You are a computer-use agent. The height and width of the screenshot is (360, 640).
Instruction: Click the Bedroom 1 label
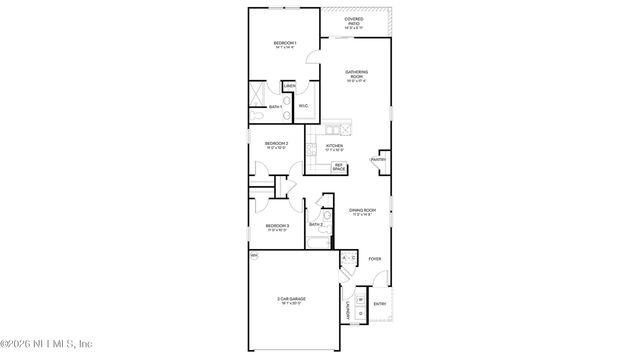click(285, 42)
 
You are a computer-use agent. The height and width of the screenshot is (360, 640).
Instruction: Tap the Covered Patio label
click(354, 21)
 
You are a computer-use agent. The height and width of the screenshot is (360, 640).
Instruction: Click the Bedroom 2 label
click(277, 145)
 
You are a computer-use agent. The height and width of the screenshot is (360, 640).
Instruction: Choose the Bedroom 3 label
click(277, 227)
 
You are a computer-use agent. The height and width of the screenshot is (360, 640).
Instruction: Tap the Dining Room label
click(361, 211)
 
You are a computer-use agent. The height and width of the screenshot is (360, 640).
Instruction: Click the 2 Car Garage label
click(291, 299)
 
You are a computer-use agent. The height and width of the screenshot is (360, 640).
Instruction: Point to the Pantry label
click(379, 159)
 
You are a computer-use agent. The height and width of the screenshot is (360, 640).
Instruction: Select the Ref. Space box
click(339, 167)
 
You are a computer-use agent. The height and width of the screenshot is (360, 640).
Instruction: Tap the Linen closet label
click(289, 86)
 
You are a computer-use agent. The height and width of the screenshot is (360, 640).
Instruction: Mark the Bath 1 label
click(274, 107)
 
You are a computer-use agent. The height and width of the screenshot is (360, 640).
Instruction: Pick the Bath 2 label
click(316, 224)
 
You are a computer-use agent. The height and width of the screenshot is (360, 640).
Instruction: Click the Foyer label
click(374, 259)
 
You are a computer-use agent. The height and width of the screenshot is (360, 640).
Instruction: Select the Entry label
click(379, 303)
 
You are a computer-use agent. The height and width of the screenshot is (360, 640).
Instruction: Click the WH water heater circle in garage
click(254, 256)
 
